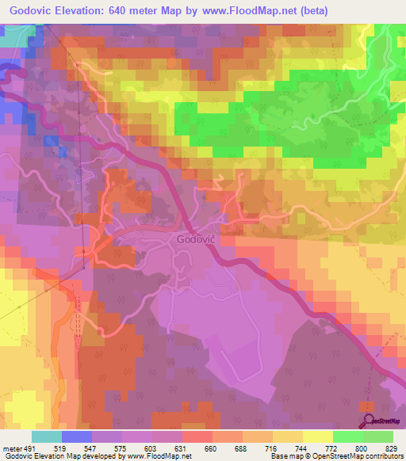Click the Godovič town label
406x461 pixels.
tap(194, 238)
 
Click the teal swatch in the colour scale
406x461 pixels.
tap(47, 436)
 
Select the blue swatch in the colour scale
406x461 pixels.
tap(77, 436)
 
